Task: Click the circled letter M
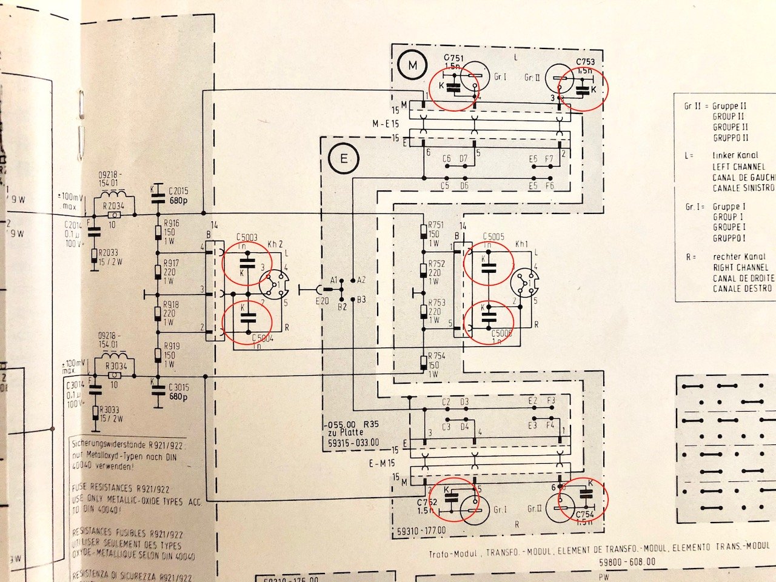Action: pyautogui.click(x=412, y=67)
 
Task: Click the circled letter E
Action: pyautogui.click(x=344, y=160)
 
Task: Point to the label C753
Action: pyautogui.click(x=585, y=62)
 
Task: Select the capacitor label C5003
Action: pyautogui.click(x=247, y=238)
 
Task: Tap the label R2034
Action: pyautogui.click(x=114, y=205)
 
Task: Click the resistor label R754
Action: pyautogui.click(x=436, y=356)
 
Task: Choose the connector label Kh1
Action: pyautogui.click(x=522, y=244)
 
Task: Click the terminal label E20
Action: pyautogui.click(x=321, y=300)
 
